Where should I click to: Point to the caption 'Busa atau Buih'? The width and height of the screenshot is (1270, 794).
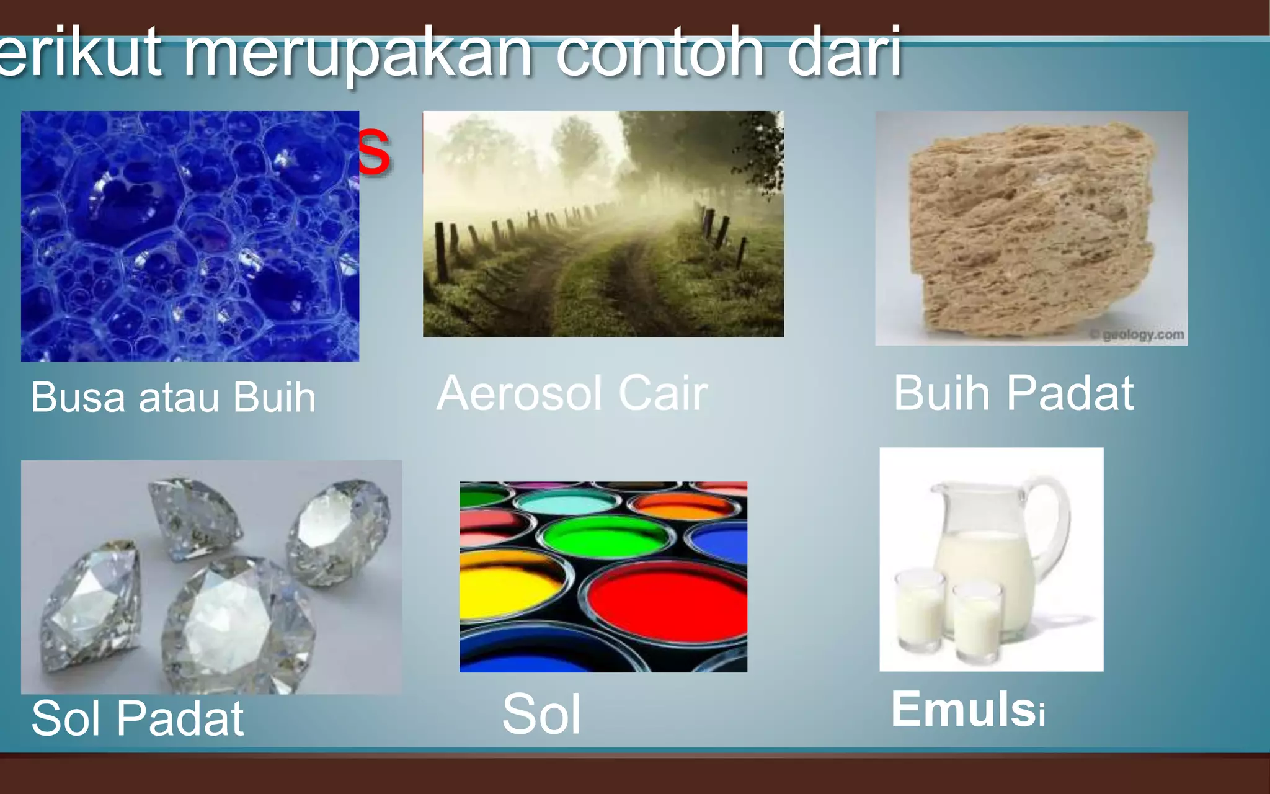click(174, 397)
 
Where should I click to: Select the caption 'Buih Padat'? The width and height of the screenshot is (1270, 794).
click(1013, 393)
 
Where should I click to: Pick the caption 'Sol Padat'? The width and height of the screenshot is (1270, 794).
click(138, 718)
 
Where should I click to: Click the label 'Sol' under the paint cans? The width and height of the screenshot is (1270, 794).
click(541, 715)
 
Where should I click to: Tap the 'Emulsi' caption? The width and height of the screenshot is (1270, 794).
click(968, 710)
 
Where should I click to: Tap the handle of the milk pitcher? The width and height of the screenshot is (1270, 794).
click(1054, 527)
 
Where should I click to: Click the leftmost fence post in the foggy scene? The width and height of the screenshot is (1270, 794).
click(442, 251)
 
